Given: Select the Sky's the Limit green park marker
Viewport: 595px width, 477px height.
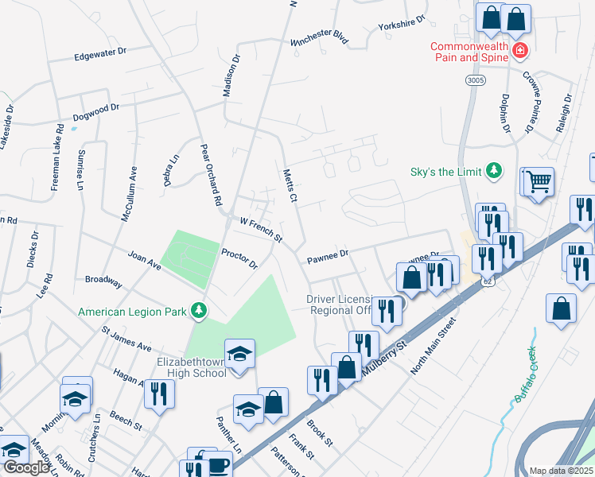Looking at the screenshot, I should [x=495, y=170].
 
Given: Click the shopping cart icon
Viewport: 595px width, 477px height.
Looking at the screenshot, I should [x=538, y=181].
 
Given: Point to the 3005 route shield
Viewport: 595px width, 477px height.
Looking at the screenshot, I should [x=475, y=80].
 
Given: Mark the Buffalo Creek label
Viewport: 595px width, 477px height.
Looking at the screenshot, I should [x=526, y=375].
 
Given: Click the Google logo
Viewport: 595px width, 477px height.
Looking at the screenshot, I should [x=26, y=467].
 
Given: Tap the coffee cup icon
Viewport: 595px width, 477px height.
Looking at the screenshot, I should [x=219, y=463].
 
